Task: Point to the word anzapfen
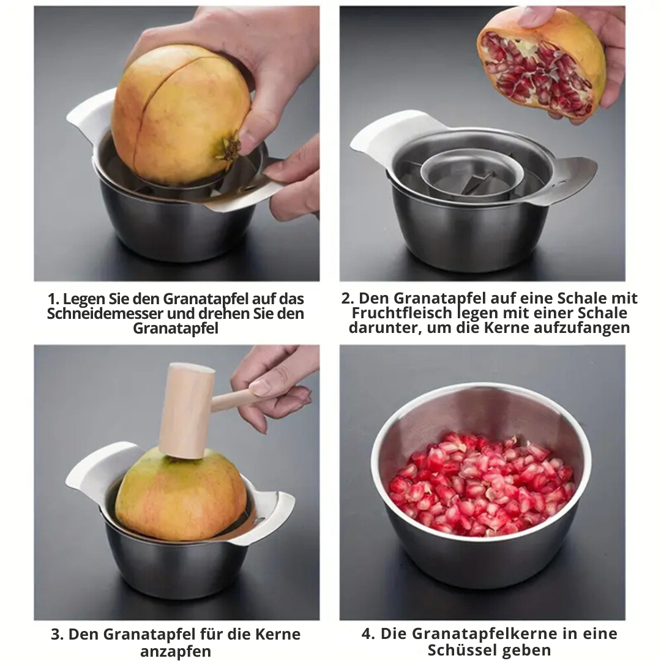click(176, 651)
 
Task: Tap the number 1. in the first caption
click(54, 299)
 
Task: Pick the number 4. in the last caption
click(368, 633)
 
